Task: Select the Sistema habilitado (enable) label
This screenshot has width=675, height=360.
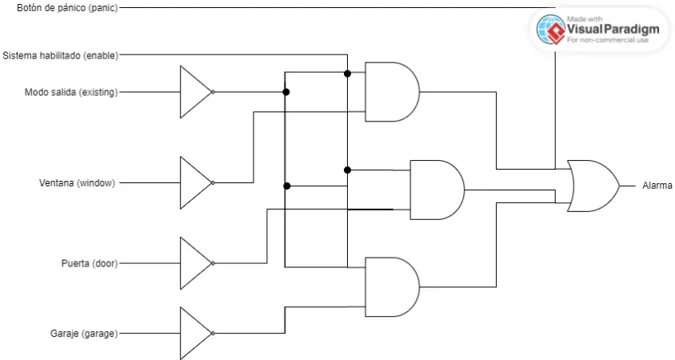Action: click(60, 55)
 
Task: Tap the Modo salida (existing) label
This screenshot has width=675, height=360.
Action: click(70, 92)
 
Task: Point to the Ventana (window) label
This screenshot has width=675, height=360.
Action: click(77, 182)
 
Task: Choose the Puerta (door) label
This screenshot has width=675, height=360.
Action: click(89, 263)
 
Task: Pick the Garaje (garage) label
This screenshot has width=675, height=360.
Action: click(84, 333)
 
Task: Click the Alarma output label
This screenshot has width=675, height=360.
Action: click(657, 186)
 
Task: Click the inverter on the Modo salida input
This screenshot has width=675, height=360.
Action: click(195, 92)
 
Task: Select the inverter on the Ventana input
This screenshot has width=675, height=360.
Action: click(195, 182)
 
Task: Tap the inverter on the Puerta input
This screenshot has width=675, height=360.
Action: click(195, 263)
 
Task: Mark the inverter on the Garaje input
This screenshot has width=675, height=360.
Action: click(195, 333)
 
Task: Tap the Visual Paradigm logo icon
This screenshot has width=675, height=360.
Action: click(551, 29)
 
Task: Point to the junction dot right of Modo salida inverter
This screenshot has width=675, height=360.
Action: click(286, 92)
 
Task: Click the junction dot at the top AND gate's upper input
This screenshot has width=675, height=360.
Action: click(347, 74)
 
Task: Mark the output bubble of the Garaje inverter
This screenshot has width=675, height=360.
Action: click(214, 333)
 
